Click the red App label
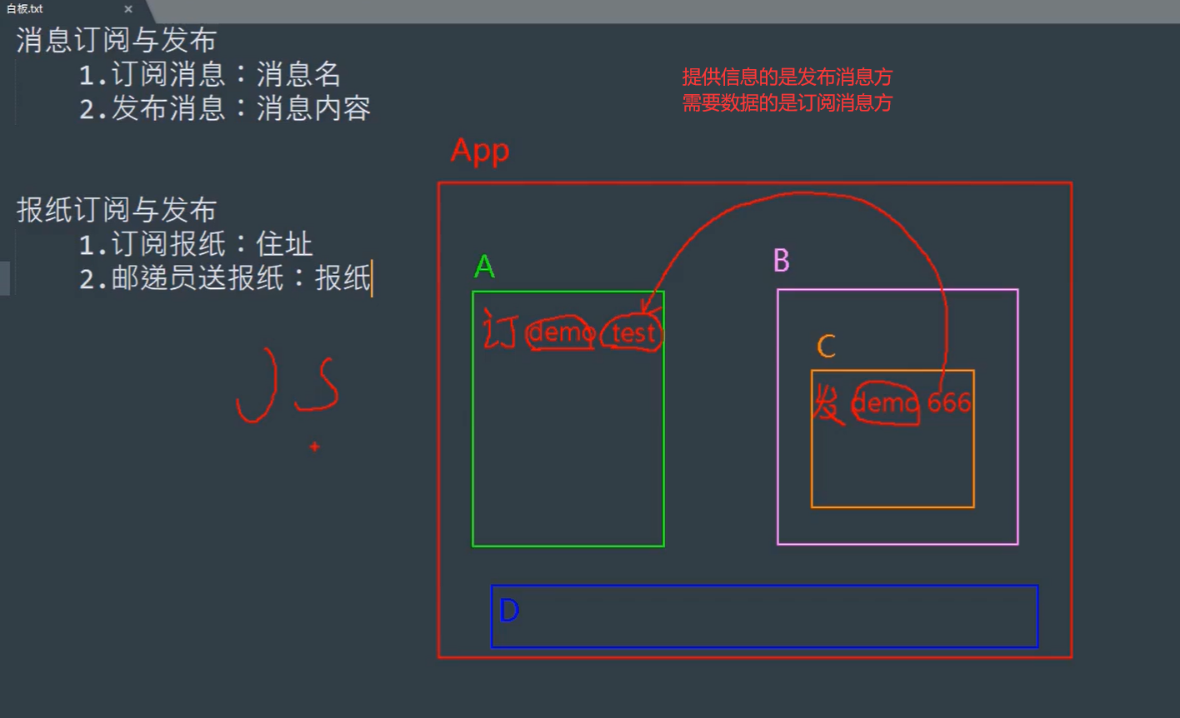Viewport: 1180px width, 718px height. tap(480, 152)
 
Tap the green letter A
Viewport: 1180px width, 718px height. tap(484, 267)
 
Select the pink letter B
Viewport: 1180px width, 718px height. tap(781, 262)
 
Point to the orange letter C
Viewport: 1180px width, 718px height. tap(826, 347)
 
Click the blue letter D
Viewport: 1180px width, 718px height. tap(509, 611)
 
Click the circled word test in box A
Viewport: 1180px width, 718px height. tap(633, 334)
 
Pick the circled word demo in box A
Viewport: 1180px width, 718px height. tap(561, 333)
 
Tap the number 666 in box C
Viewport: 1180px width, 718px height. tap(949, 403)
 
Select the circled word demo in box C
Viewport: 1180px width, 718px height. tap(885, 404)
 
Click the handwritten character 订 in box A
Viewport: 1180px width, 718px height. tap(500, 331)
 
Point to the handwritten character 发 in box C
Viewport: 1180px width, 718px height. tap(828, 405)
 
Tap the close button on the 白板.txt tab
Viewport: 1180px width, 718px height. tap(128, 9)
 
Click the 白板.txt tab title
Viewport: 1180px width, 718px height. tap(25, 9)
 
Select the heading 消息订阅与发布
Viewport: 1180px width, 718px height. tap(117, 41)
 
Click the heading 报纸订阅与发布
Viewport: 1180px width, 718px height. tap(117, 210)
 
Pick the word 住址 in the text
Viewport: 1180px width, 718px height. tap(285, 244)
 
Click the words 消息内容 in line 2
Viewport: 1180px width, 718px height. tap(313, 108)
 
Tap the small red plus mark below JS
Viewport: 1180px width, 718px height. tap(314, 447)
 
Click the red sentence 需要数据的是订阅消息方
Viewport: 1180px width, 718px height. tap(787, 104)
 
